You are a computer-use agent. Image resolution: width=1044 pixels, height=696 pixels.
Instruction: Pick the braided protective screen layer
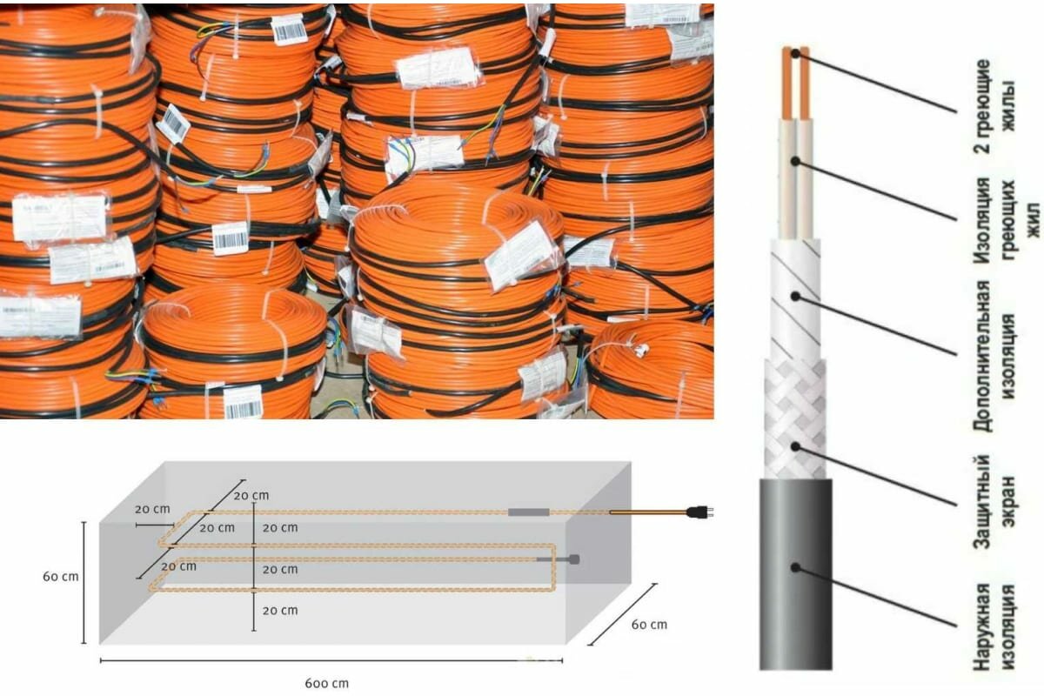(x=793, y=418)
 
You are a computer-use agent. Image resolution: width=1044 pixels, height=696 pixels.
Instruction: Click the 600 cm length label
(x=327, y=683)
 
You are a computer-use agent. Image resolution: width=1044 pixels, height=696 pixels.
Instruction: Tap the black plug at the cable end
(x=697, y=512)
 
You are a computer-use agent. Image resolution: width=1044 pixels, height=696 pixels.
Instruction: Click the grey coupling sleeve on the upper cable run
(x=528, y=512)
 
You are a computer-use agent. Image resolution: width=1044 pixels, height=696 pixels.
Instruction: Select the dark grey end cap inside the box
(x=573, y=560)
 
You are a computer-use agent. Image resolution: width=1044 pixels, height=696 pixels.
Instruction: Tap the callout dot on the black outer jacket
(x=796, y=566)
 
